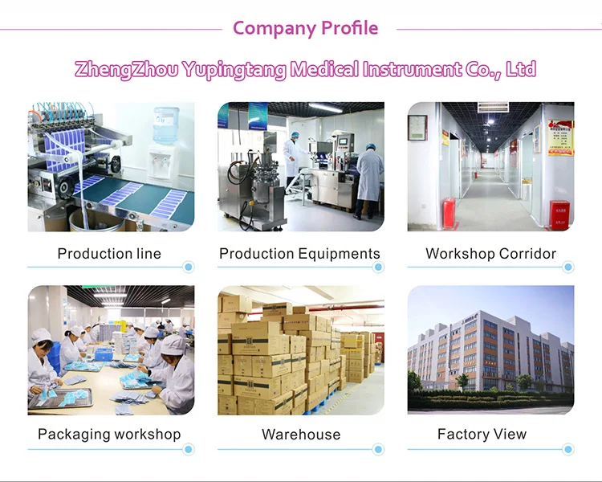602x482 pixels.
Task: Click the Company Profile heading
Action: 305,28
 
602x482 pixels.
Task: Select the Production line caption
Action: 109,254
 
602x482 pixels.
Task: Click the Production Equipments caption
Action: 299,254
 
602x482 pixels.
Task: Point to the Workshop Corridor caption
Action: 490,254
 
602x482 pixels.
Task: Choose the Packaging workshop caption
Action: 109,435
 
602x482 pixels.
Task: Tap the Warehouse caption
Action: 301,435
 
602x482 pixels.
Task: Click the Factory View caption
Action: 482,435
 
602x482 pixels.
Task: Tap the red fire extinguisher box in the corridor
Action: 559,214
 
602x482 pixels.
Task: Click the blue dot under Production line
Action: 188,267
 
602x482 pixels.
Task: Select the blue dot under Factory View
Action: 568,449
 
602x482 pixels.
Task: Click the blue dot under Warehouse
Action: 378,449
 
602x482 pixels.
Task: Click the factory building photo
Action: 490,349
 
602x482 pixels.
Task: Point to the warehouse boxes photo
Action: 300,349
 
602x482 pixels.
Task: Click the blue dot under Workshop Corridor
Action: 568,267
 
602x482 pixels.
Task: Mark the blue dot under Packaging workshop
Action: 188,449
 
